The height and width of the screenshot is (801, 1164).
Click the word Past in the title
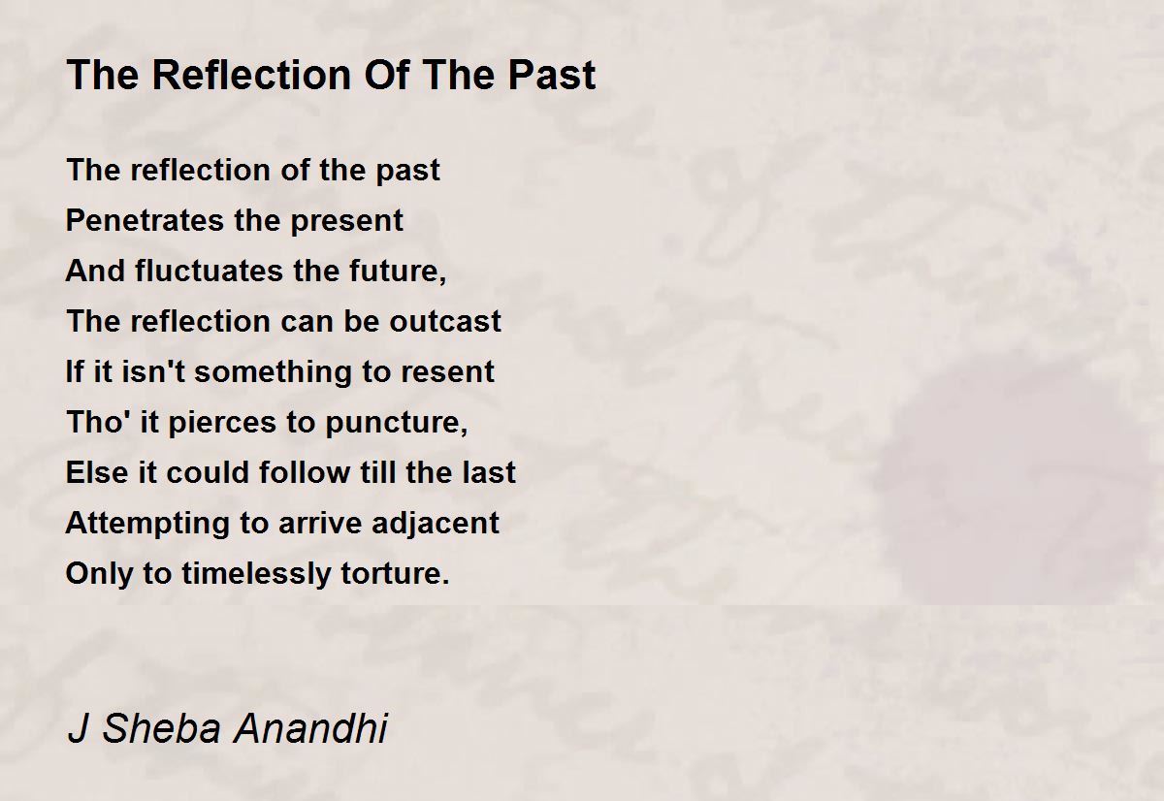tap(551, 75)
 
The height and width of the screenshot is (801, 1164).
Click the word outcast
tap(445, 322)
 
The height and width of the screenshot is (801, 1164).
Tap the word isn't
tap(153, 371)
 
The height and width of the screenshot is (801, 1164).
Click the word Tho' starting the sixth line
tap(99, 422)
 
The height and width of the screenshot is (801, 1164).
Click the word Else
tap(97, 472)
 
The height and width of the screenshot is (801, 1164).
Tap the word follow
tap(305, 472)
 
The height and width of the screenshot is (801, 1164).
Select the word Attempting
tap(147, 524)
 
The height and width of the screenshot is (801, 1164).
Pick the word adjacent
tap(436, 524)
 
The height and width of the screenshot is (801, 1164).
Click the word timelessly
tap(256, 574)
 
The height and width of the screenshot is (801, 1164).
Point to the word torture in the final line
tap(395, 574)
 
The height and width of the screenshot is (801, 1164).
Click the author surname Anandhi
tap(310, 727)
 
